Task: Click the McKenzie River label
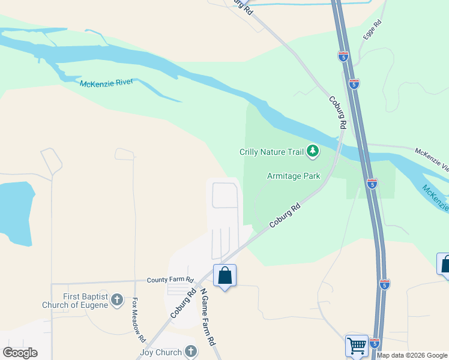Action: (x=106, y=83)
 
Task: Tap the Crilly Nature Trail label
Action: (x=272, y=152)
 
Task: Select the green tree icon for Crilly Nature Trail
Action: (x=312, y=151)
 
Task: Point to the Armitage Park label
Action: (x=294, y=176)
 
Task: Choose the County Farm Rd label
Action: (x=171, y=280)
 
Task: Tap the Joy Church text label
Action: (x=160, y=352)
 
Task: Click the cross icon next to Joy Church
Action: (x=191, y=352)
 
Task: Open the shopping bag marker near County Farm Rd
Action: (x=224, y=276)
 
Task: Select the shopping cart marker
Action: (x=357, y=345)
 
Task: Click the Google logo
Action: (x=20, y=353)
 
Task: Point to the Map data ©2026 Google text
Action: (x=412, y=356)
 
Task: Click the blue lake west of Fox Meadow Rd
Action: (x=15, y=213)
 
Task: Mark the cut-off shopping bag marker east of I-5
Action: (x=445, y=265)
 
